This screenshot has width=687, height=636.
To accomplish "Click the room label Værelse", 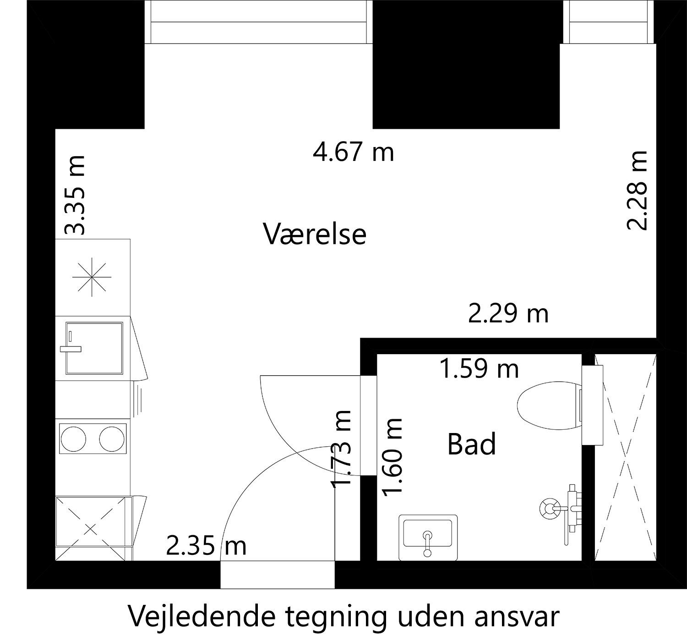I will point(315,234).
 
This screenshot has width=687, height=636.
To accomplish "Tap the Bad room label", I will point(471,444).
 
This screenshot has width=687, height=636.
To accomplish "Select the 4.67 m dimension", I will point(353,152).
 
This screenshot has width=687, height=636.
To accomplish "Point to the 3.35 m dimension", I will point(75,195).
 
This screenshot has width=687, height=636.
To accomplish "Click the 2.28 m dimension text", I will point(637,190).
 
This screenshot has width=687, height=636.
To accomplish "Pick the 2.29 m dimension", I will point(508,314).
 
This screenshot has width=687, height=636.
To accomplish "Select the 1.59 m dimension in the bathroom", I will point(479,369).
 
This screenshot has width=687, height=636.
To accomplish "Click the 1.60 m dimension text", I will point(393,457).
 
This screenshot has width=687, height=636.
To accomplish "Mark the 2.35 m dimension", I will point(206,546).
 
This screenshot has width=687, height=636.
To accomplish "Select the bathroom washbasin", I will point(428,537).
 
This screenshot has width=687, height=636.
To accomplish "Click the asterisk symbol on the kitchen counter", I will point(93,277).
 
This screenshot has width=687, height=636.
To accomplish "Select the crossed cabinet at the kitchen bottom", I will point(91,528).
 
